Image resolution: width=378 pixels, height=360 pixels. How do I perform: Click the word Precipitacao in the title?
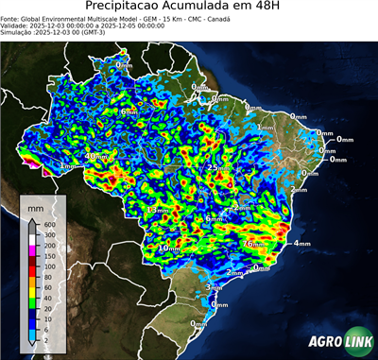(122, 8)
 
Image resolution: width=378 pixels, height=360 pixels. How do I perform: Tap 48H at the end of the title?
(262, 8)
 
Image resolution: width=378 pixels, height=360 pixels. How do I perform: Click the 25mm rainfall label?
(218, 168)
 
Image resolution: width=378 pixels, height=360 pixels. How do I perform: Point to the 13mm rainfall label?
(159, 210)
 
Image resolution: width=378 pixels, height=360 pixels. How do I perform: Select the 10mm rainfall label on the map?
(169, 249)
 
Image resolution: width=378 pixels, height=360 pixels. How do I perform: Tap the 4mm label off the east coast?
(301, 244)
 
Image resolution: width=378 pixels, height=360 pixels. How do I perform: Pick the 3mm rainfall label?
(214, 286)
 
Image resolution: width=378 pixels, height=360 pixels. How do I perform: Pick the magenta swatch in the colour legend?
(31, 249)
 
